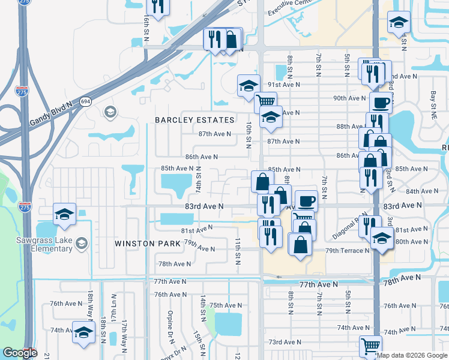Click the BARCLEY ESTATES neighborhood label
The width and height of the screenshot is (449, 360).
(x=194, y=120)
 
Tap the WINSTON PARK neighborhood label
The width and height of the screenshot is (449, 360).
(x=147, y=244)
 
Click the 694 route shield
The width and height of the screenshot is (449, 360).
(x=85, y=102)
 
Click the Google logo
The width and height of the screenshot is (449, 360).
(x=20, y=353)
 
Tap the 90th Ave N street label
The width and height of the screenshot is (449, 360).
(x=349, y=98)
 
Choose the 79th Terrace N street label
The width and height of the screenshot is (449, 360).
(x=347, y=250)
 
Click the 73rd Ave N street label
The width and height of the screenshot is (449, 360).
(x=284, y=342)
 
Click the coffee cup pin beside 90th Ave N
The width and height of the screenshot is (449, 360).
(x=381, y=102)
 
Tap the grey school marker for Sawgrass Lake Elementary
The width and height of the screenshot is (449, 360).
(x=82, y=243)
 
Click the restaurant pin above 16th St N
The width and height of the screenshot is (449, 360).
(x=157, y=7)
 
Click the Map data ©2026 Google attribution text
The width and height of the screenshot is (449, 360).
(x=412, y=355)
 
